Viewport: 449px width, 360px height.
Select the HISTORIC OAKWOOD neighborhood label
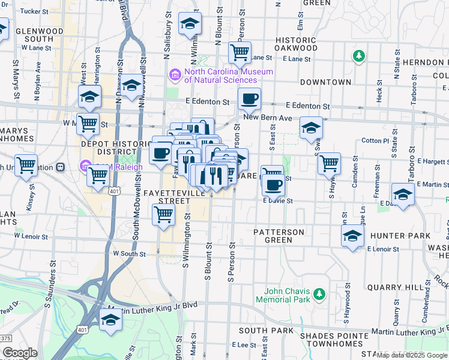pyautogui.click(x=296, y=44)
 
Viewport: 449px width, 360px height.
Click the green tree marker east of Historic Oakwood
pyautogui.click(x=359, y=56)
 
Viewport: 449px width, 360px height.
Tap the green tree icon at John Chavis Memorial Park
pyautogui.click(x=319, y=293)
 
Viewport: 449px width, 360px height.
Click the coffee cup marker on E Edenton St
pyautogui.click(x=249, y=98)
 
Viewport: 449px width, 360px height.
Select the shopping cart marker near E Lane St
pyautogui.click(x=240, y=52)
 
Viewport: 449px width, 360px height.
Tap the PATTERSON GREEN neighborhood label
pyautogui.click(x=279, y=236)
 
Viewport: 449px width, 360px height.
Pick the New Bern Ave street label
pyautogui.click(x=268, y=119)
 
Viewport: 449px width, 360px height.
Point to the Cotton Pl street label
pyautogui.click(x=376, y=140)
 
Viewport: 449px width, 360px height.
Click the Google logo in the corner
pyautogui.click(x=20, y=353)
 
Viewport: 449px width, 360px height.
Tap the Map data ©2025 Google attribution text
pyautogui.click(x=412, y=355)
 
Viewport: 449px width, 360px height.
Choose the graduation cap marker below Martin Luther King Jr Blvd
pyautogui.click(x=110, y=320)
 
